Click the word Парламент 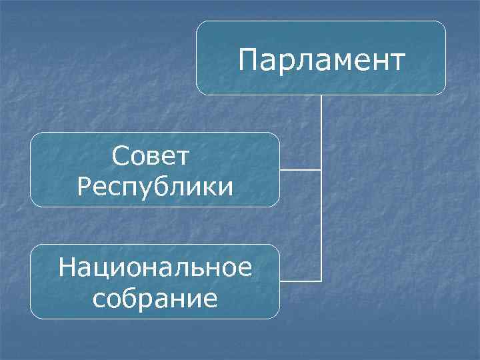tap(321, 60)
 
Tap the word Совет tap(151, 158)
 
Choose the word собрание tap(155, 298)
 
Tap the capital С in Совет tap(121, 158)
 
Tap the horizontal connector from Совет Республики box tap(300, 169)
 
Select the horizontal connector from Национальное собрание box tap(300, 281)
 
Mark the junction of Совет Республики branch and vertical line tap(321, 169)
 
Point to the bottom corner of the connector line tap(321, 281)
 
